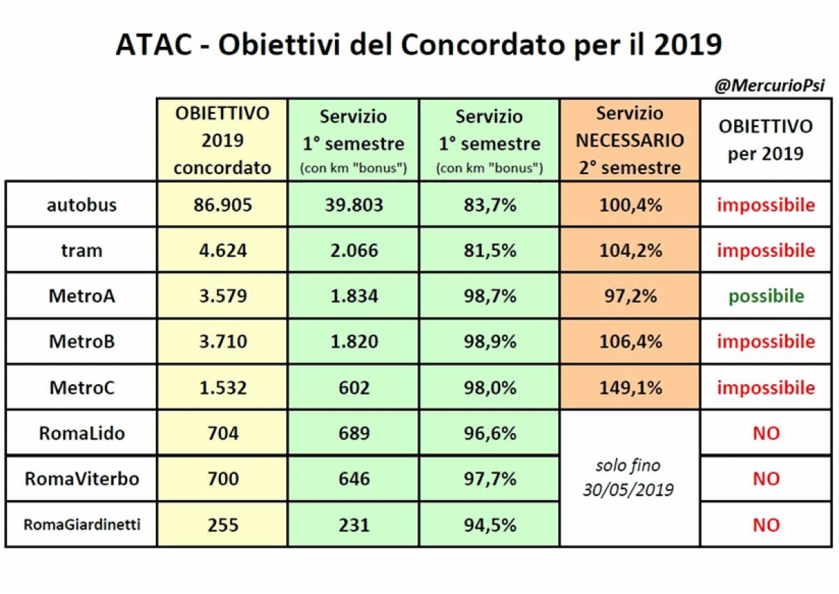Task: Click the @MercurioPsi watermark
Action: pos(769,86)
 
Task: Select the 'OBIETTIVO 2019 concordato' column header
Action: pos(222,140)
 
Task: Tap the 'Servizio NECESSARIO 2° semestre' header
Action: pos(629,140)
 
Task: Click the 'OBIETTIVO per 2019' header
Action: pos(766,140)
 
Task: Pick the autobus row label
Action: pos(82,205)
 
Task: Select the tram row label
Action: pos(82,250)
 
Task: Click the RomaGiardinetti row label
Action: pos(82,525)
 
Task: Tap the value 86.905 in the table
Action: pos(222,205)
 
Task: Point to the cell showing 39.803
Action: pos(353,205)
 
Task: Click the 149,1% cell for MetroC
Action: pos(629,388)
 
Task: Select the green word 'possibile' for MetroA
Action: pos(766,296)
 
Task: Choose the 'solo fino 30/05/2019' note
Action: pos(629,478)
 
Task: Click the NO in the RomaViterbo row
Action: pos(766,479)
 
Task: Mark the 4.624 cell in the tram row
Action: pos(222,250)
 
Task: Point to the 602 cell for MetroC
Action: pos(353,388)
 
